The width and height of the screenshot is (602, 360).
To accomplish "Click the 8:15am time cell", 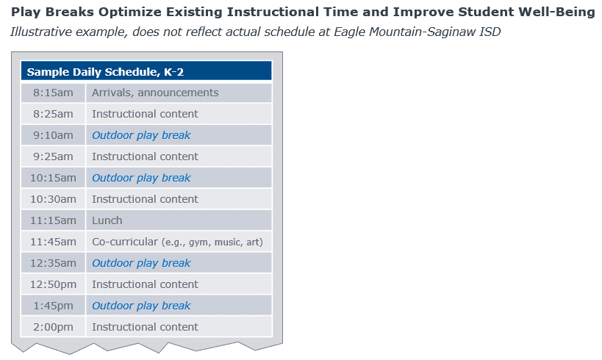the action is [53, 93].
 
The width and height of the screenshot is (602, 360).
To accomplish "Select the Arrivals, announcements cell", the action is [179, 93].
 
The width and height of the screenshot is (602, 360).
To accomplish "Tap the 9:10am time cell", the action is [53, 135].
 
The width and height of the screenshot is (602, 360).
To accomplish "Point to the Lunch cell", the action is [179, 220].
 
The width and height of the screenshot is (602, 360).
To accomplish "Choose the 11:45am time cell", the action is [53, 242].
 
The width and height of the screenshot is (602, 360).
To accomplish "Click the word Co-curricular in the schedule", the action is [125, 242].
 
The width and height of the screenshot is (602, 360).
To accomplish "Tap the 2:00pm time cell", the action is [53, 327].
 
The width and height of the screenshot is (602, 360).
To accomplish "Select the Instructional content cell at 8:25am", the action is [179, 114].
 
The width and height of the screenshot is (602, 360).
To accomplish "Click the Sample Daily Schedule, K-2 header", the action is [146, 71].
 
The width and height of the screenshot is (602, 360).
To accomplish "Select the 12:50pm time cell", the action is [53, 284].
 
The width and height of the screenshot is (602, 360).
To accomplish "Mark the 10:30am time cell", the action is [53, 199].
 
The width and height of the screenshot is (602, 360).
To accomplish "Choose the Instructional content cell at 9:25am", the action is [179, 156].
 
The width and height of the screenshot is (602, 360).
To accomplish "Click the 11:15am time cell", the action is [53, 220].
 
